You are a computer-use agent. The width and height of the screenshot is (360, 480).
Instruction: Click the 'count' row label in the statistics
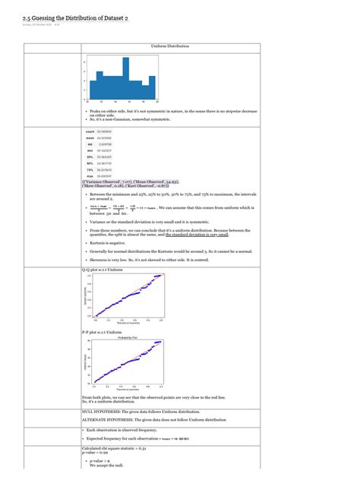90,132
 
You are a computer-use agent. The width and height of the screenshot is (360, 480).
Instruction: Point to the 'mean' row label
90,138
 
